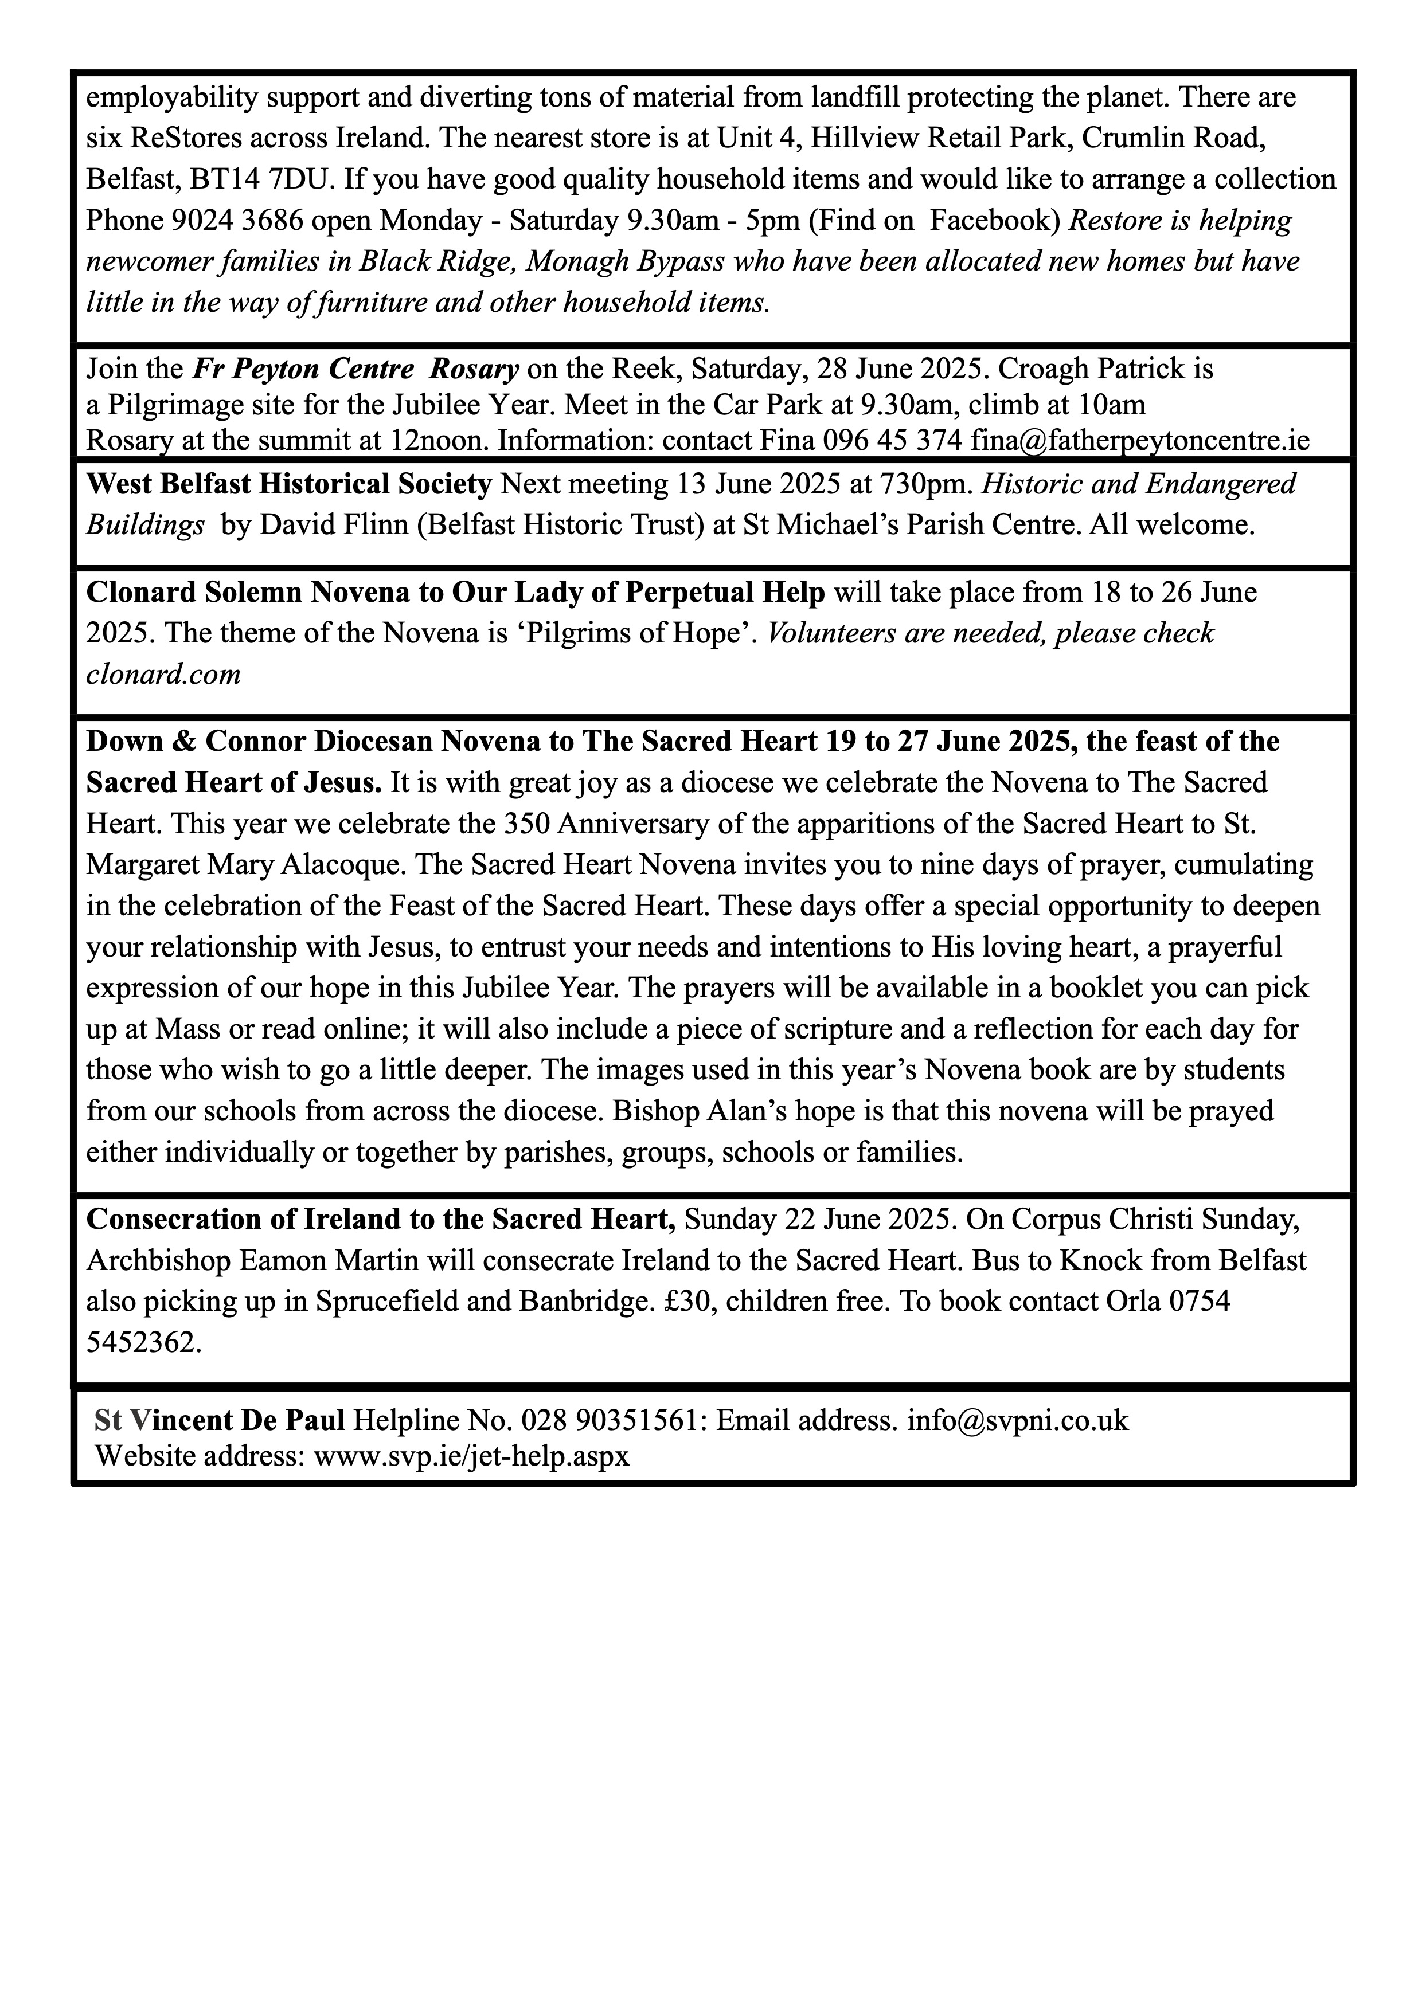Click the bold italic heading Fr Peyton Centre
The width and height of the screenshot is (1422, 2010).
point(303,369)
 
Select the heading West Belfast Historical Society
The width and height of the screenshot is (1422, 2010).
point(289,483)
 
